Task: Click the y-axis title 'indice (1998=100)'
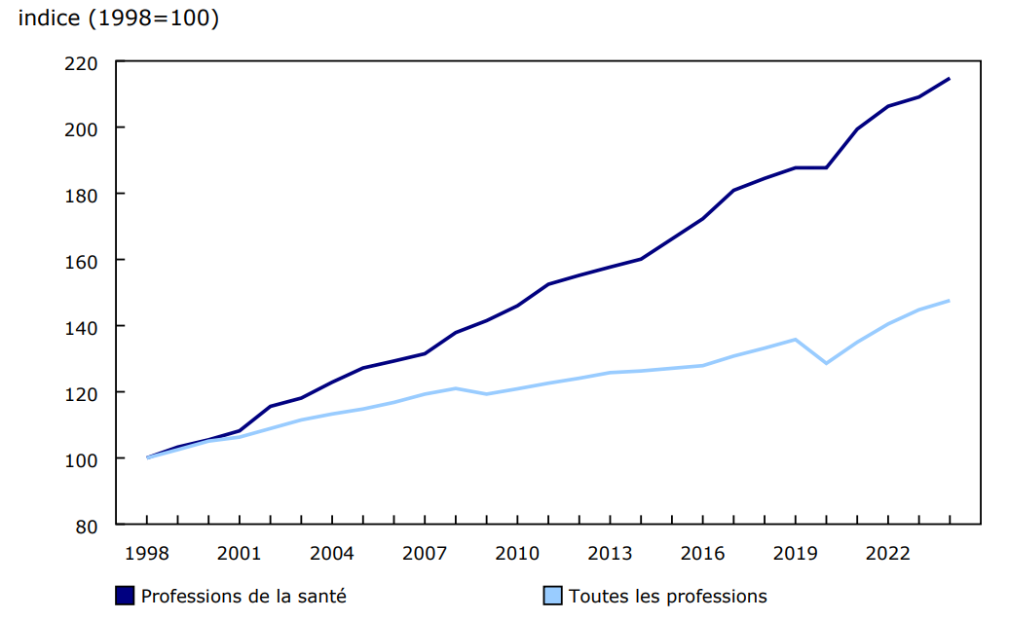tap(119, 18)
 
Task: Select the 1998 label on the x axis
tap(146, 554)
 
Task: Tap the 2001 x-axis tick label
tap(239, 554)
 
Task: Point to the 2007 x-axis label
tap(425, 554)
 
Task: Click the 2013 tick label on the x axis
tap(610, 554)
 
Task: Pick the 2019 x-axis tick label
tap(796, 554)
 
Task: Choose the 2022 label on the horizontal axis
tap(888, 554)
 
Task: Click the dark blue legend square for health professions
tap(125, 596)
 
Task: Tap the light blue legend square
tap(552, 596)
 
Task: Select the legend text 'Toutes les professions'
tap(668, 597)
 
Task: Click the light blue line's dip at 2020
tap(827, 363)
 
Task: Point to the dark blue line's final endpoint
tap(950, 79)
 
